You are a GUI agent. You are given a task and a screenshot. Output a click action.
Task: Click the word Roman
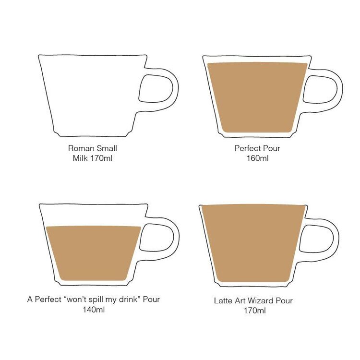pyautogui.click(x=82, y=148)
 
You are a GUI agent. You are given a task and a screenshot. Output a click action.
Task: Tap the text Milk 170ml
pyautogui.click(x=93, y=158)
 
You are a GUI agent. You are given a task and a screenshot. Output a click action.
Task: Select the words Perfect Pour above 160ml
pyautogui.click(x=257, y=148)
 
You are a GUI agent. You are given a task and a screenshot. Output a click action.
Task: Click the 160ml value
pyautogui.click(x=257, y=158)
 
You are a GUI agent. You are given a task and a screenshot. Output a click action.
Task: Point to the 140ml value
pyautogui.click(x=94, y=310)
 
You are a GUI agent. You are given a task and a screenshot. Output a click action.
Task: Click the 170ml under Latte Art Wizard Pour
pyautogui.click(x=255, y=311)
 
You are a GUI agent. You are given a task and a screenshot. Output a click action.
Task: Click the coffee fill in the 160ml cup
pyautogui.click(x=257, y=97)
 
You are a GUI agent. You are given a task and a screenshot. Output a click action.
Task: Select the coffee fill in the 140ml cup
pyautogui.click(x=94, y=253)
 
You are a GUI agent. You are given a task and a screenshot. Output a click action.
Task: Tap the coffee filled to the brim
pyautogui.click(x=253, y=243)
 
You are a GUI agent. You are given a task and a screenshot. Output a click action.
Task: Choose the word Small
pyautogui.click(x=107, y=148)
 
